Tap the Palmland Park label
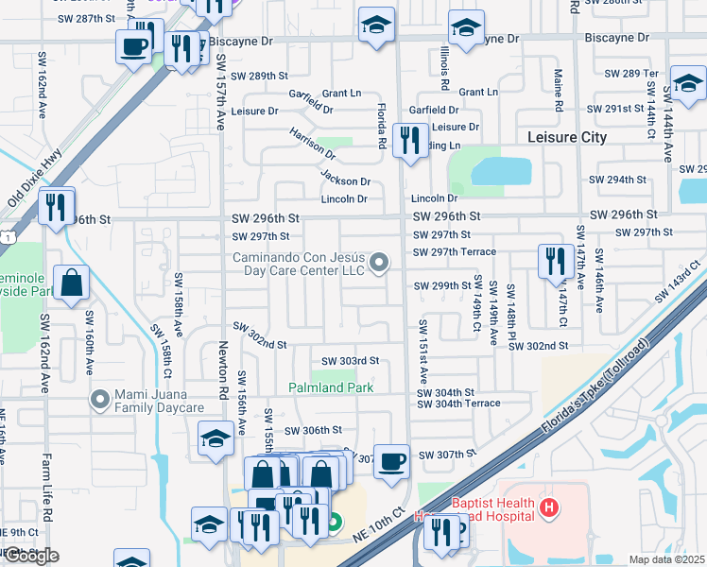click(x=331, y=388)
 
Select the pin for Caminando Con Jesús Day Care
click(x=379, y=263)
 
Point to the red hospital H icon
click(x=548, y=509)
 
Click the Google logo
click(x=30, y=556)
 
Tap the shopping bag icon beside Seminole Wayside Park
click(x=72, y=282)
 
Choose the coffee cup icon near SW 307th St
click(x=391, y=461)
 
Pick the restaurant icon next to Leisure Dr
click(x=409, y=142)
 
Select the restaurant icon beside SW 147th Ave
click(x=555, y=261)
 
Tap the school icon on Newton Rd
click(x=216, y=438)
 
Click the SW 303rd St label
click(x=350, y=361)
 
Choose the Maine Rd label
click(x=559, y=94)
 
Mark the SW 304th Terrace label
click(x=456, y=404)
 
